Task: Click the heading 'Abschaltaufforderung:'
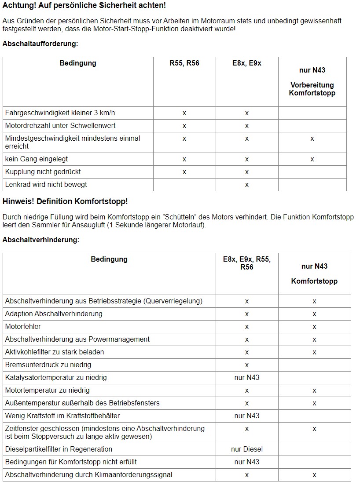click(40, 44)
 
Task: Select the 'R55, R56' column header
click(184, 63)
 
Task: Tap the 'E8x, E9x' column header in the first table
click(247, 63)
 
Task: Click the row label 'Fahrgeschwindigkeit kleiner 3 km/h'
click(60, 113)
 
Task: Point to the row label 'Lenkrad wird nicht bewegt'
click(46, 185)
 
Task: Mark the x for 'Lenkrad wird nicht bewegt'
click(247, 185)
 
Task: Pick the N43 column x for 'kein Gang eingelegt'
click(312, 159)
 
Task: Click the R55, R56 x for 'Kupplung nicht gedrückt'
click(184, 172)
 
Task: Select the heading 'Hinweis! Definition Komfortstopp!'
click(65, 201)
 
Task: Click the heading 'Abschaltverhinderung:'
click(41, 240)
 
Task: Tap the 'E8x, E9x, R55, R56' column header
click(247, 263)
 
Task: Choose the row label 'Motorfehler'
click(23, 327)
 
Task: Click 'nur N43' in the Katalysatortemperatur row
click(247, 378)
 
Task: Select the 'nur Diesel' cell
click(247, 449)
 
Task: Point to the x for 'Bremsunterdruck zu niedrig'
click(247, 365)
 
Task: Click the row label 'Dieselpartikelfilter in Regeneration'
click(59, 449)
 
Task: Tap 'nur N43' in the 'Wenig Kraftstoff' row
click(247, 416)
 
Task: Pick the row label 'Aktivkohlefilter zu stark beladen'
click(55, 352)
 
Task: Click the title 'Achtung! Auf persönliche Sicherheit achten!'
click(84, 6)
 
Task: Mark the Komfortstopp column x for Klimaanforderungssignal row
click(314, 475)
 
